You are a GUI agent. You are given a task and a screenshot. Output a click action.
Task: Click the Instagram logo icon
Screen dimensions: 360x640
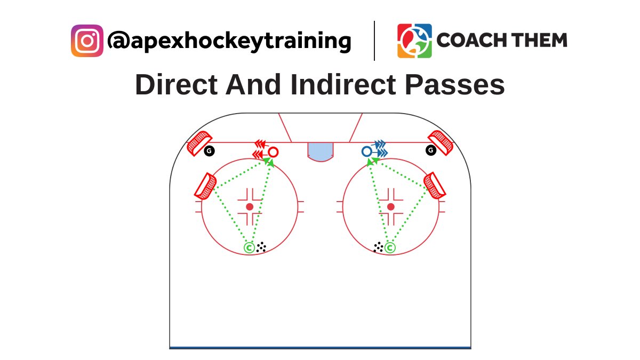[87, 41]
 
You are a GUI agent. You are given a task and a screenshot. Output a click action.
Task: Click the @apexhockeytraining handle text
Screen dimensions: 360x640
[229, 41]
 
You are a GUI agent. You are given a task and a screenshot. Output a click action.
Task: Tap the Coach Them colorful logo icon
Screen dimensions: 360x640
[414, 41]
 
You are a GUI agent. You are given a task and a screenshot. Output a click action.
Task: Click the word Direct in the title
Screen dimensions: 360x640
[177, 85]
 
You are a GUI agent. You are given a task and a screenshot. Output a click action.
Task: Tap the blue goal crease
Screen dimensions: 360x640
[320, 151]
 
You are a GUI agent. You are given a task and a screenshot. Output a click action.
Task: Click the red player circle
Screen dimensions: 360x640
[273, 152]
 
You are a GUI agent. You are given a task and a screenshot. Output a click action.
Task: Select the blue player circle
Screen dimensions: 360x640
[366, 152]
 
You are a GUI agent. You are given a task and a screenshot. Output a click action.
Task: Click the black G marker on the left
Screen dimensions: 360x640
[209, 151]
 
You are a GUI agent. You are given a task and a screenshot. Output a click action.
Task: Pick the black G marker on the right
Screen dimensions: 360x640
[431, 150]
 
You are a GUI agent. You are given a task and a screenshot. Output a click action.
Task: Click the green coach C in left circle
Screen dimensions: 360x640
[249, 247]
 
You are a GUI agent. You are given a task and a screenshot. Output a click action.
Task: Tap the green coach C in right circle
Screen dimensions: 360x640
[390, 247]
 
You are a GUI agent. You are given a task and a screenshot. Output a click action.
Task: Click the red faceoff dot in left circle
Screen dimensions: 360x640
[249, 206]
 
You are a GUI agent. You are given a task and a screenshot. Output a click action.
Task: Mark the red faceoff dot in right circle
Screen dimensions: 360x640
[391, 206]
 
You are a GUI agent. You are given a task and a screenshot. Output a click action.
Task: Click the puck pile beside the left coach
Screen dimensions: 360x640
[261, 247]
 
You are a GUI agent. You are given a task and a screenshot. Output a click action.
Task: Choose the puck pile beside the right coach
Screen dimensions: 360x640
[378, 247]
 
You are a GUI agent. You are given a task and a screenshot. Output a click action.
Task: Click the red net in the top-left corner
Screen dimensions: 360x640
[199, 142]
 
